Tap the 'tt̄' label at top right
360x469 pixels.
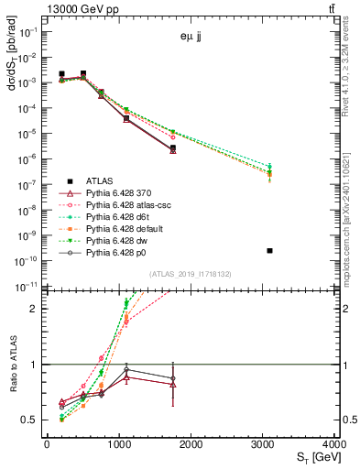pos(330,8)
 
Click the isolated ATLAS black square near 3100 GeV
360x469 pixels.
pos(269,250)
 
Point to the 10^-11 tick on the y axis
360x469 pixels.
pos(27,287)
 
